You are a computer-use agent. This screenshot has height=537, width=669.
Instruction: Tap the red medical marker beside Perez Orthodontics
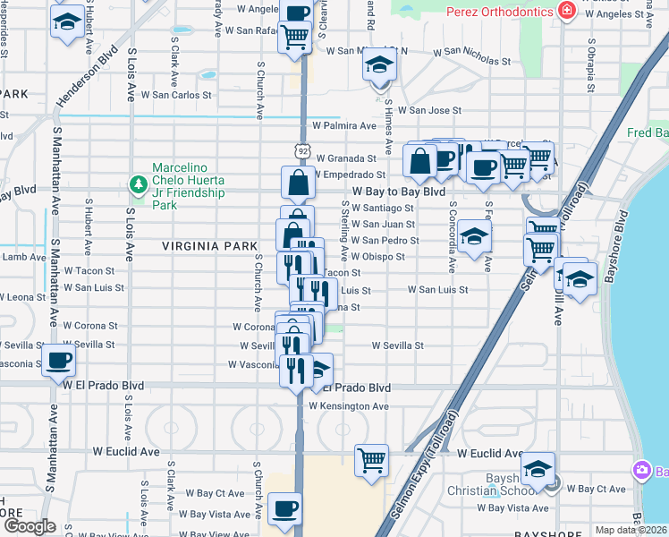pyautogui.click(x=565, y=12)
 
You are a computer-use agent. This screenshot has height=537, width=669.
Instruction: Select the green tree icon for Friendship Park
pyautogui.click(x=139, y=185)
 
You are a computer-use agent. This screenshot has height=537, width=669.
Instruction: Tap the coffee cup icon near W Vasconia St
pyautogui.click(x=59, y=362)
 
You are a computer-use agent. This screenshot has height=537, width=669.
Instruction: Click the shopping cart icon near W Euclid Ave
pyautogui.click(x=371, y=461)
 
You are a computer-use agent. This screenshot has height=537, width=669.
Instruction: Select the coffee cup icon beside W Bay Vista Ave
pyautogui.click(x=284, y=508)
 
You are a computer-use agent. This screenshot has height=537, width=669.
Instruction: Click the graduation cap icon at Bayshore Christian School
pyautogui.click(x=538, y=469)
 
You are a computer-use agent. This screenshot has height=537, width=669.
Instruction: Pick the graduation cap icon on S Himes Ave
pyautogui.click(x=380, y=67)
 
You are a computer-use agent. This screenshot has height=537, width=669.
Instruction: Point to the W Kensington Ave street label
pyautogui.click(x=349, y=406)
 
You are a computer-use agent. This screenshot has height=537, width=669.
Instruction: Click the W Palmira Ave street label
pyautogui.click(x=342, y=126)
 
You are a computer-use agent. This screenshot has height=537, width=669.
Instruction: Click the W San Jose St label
pyautogui.click(x=429, y=110)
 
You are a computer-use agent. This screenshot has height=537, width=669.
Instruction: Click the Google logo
pyautogui.click(x=30, y=527)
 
